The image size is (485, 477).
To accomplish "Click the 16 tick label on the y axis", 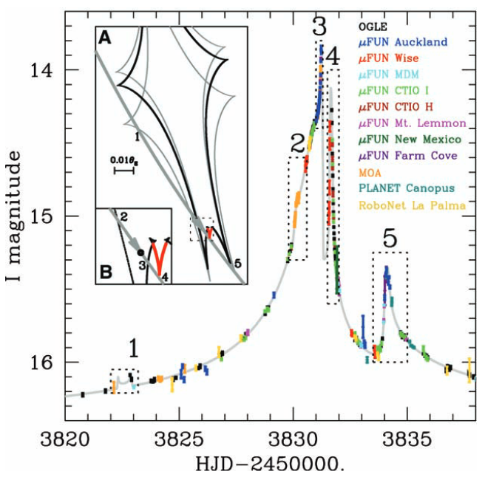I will click(x=43, y=363).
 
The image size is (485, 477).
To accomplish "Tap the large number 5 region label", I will click(x=390, y=238).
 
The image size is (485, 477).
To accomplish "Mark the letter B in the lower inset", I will click(x=106, y=272).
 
